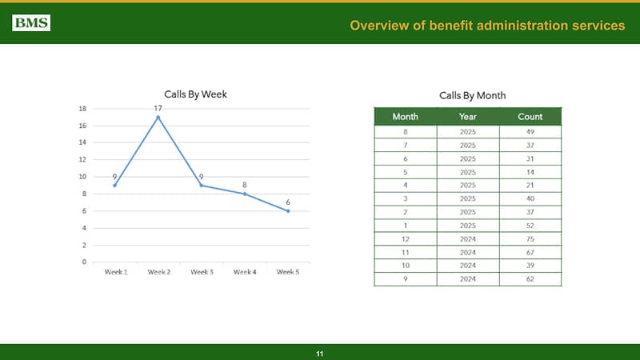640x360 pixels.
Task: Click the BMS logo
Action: click(x=31, y=23)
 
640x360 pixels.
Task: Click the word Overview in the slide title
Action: click(x=378, y=26)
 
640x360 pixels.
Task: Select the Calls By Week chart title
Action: click(x=195, y=94)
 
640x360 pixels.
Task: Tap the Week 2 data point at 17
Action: click(x=158, y=117)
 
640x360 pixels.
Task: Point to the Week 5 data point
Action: click(x=288, y=210)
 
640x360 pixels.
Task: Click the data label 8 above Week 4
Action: click(x=245, y=185)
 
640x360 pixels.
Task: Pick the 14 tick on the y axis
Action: click(x=82, y=142)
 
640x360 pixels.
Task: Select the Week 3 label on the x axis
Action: click(x=202, y=272)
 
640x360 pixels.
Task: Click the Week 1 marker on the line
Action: click(x=115, y=185)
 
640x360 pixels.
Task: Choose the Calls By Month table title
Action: click(x=472, y=95)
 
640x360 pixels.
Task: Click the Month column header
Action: click(x=405, y=116)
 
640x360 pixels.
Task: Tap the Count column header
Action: click(x=530, y=116)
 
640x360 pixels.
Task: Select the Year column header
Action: click(x=468, y=116)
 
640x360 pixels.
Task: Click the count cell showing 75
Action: click(x=530, y=238)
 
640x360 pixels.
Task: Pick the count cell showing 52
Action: click(x=530, y=225)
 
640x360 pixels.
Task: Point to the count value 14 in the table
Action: click(x=530, y=171)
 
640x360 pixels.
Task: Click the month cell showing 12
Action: click(x=406, y=238)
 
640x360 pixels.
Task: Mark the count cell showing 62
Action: click(x=530, y=278)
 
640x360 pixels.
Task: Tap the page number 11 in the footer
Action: click(x=320, y=353)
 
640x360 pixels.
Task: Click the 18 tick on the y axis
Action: click(x=82, y=108)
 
